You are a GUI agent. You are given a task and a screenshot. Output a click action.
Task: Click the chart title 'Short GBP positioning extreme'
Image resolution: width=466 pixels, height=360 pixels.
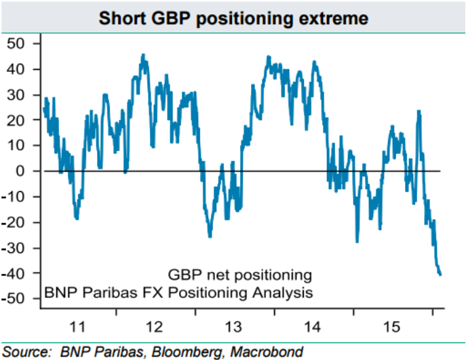[233, 18]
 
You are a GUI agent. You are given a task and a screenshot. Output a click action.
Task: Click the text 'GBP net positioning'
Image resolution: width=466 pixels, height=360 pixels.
[239, 275]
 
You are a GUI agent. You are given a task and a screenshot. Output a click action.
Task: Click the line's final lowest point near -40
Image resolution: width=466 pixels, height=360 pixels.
[440, 275]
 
